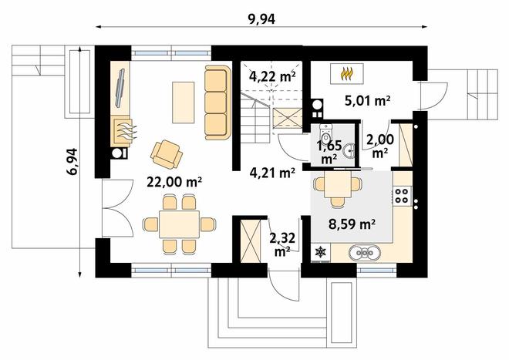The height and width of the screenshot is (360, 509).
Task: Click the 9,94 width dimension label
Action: tap(261, 19)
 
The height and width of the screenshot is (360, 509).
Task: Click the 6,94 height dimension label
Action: tap(72, 162)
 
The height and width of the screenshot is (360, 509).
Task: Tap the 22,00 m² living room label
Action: tap(174, 182)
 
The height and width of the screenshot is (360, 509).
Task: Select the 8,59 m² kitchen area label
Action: tap(352, 224)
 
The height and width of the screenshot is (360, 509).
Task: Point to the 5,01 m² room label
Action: tap(367, 101)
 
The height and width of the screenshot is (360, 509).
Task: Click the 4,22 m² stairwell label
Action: tap(272, 76)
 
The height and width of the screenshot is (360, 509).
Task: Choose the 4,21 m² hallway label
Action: tap(272, 173)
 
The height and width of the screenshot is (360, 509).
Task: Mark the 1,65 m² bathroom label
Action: tap(329, 152)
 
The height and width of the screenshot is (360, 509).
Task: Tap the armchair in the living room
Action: tap(167, 154)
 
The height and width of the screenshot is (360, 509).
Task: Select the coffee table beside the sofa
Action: tap(183, 103)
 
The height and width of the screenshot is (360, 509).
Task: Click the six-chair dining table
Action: tap(179, 224)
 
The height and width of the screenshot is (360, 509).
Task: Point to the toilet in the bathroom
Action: tap(325, 133)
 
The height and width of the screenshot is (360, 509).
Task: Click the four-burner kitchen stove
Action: tap(403, 196)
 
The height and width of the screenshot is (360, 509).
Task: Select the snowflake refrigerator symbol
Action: tap(321, 252)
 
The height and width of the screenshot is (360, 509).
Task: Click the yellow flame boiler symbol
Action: tap(347, 74)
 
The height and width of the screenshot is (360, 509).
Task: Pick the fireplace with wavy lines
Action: tap(123, 131)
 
